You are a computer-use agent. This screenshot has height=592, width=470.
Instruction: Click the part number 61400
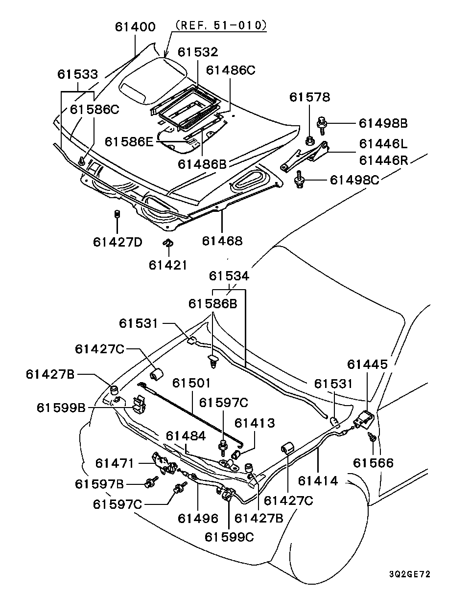[135, 27]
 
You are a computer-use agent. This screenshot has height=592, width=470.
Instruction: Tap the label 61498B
[383, 123]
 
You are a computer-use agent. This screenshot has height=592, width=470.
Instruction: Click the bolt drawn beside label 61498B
[323, 124]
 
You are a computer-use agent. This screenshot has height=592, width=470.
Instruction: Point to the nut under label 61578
[310, 142]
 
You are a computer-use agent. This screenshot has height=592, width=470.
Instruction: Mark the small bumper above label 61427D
[117, 214]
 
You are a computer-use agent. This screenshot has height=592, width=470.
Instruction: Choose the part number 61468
[222, 241]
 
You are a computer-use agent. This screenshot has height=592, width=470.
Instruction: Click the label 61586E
[129, 142]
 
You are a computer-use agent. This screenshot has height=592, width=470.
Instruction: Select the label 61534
[229, 276]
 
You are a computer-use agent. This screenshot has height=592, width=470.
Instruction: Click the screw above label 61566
[373, 437]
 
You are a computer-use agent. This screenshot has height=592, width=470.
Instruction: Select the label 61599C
[229, 537]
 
